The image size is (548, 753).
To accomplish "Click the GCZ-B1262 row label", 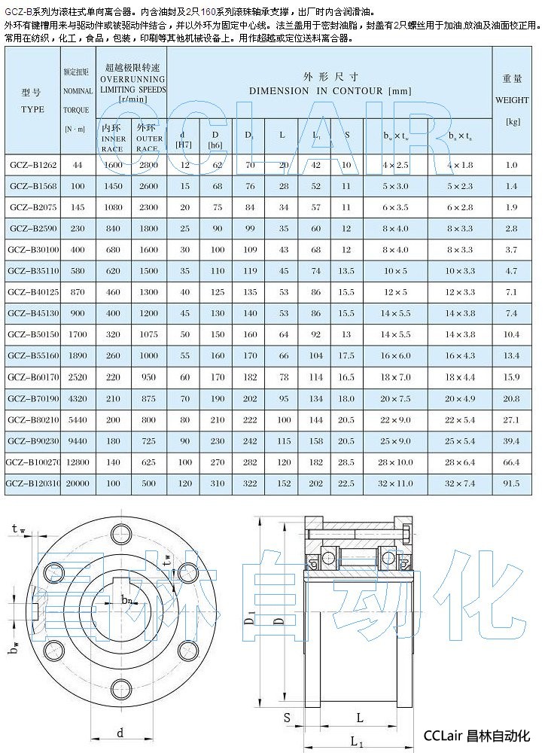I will coord(32,164).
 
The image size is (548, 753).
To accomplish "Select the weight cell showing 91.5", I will coord(512,483).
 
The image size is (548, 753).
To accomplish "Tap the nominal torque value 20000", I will coord(78,483).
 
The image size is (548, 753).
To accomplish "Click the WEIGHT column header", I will coord(512,99).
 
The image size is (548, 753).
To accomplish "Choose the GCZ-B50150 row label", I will coord(32,334).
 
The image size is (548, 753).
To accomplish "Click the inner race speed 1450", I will coord(113,185).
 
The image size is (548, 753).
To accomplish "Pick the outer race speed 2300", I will coord(149,206).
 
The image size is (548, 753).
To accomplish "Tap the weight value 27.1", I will coord(512,419).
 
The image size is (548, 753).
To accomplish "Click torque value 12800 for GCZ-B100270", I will coord(78,462).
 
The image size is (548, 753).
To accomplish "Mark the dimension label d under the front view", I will coord(120,732).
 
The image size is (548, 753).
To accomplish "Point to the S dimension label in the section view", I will coord(288,718).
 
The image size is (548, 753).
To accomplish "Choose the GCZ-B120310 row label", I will coord(32,483).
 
